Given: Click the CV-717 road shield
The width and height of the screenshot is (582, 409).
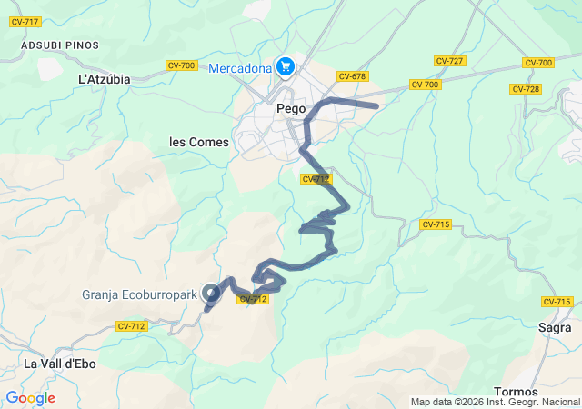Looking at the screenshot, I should click(x=25, y=22).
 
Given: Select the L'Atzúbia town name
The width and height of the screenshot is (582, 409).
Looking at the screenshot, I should click(x=105, y=79).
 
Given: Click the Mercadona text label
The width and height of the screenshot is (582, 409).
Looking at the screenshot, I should click(x=240, y=68).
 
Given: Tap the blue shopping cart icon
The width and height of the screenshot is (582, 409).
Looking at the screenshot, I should click(x=286, y=66).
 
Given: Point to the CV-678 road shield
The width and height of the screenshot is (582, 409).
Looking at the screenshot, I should click(x=351, y=76).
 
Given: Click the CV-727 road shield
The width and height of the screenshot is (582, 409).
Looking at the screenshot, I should click(x=449, y=61).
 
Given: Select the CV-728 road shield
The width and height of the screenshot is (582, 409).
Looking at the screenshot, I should click(x=526, y=89).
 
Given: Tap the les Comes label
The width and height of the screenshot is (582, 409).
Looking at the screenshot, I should click(x=199, y=142).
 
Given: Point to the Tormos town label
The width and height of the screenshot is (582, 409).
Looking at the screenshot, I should click(x=519, y=392).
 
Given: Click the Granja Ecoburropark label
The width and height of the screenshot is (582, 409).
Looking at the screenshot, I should click(x=138, y=294).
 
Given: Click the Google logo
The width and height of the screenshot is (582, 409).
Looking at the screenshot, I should click(x=30, y=398).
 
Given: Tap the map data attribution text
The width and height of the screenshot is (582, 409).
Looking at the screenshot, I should click(x=495, y=402).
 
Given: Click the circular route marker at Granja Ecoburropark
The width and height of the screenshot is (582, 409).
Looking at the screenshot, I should click(x=211, y=293).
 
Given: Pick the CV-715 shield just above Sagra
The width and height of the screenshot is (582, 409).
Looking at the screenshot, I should click(x=556, y=302).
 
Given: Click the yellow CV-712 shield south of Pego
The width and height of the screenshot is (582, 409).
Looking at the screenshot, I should click(x=315, y=179).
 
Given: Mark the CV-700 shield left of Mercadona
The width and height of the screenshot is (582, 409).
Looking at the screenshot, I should click(x=182, y=65).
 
